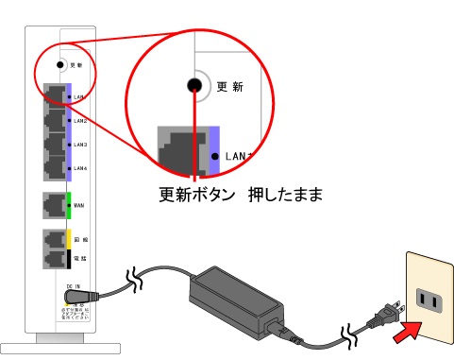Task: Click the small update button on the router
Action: click(x=59, y=66)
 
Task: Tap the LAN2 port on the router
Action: click(x=55, y=120)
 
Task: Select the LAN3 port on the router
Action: click(x=55, y=145)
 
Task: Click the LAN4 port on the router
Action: click(x=55, y=167)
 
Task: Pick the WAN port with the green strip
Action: click(x=54, y=202)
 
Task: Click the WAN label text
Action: click(x=79, y=202)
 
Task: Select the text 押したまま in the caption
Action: click(x=285, y=197)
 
